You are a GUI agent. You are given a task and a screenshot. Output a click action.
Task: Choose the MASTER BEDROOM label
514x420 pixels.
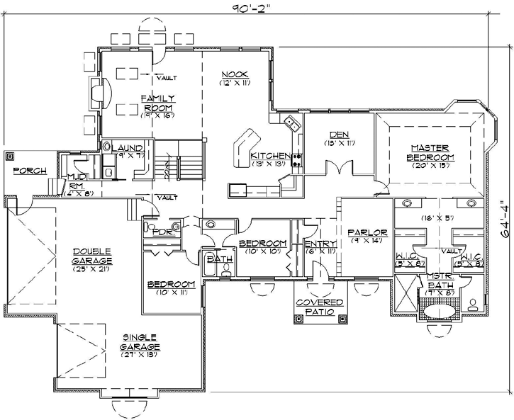coord(430,152)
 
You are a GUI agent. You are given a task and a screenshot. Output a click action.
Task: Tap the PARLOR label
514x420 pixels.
coord(366,232)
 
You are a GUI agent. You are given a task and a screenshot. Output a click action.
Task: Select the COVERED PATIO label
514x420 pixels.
coord(319,307)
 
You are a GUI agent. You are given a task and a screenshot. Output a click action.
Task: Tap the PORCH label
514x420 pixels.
coord(30,171)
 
